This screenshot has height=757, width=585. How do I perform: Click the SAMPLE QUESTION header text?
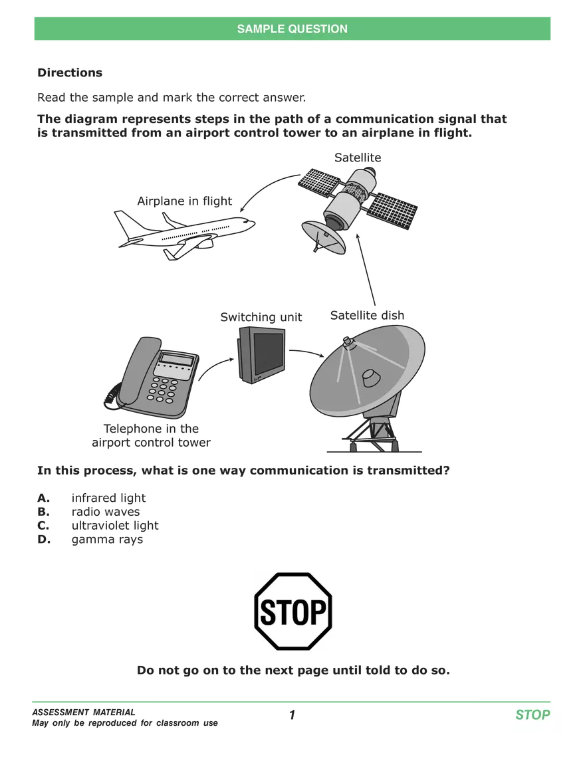pyautogui.click(x=292, y=29)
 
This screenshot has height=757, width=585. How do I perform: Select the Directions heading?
pyautogui.click(x=70, y=72)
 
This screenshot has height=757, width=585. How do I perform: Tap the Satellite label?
pyautogui.click(x=358, y=158)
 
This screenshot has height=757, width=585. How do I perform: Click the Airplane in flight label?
pyautogui.click(x=185, y=201)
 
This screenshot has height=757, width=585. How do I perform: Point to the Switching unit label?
pyautogui.click(x=261, y=317)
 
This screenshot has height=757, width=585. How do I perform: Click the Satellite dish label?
pyautogui.click(x=367, y=315)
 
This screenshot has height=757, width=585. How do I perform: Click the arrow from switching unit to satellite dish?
pyautogui.click(x=306, y=352)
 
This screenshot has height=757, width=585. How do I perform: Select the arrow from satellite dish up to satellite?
pyautogui.click(x=366, y=269)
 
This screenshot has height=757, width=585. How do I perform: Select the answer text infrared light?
pyautogui.click(x=108, y=498)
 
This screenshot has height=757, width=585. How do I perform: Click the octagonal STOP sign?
pyautogui.click(x=293, y=611)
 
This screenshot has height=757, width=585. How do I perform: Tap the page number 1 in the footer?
pyautogui.click(x=292, y=715)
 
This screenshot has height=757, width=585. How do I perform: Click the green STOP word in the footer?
pyautogui.click(x=532, y=715)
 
